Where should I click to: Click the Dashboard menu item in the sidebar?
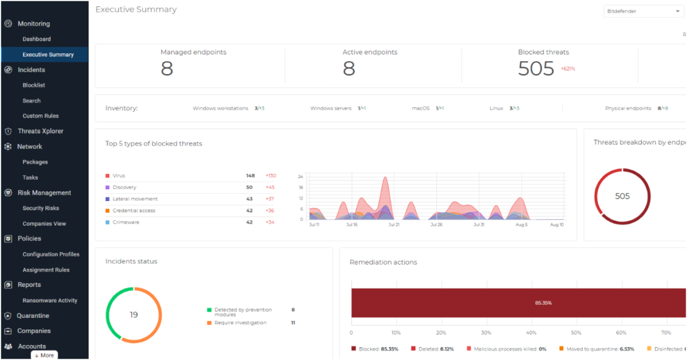tap(37, 39)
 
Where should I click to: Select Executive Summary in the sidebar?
tap(48, 54)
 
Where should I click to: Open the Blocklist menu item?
tap(33, 85)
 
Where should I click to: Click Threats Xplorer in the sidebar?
tap(40, 131)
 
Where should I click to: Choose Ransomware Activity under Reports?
tap(50, 301)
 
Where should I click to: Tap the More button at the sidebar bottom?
tap(44, 355)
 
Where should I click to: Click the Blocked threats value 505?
tap(535, 69)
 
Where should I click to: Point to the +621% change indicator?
tap(568, 69)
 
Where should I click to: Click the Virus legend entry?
tap(118, 176)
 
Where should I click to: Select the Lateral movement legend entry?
tap(134, 199)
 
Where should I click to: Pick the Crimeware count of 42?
tap(249, 222)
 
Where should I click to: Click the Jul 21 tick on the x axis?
tap(393, 225)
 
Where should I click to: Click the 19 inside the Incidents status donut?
tap(134, 315)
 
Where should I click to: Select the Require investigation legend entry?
tap(240, 323)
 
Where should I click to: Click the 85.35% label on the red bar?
tap(543, 303)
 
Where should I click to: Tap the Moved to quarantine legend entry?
tap(593, 349)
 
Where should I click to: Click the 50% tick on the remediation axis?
tap(576, 332)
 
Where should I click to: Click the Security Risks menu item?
tap(41, 208)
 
